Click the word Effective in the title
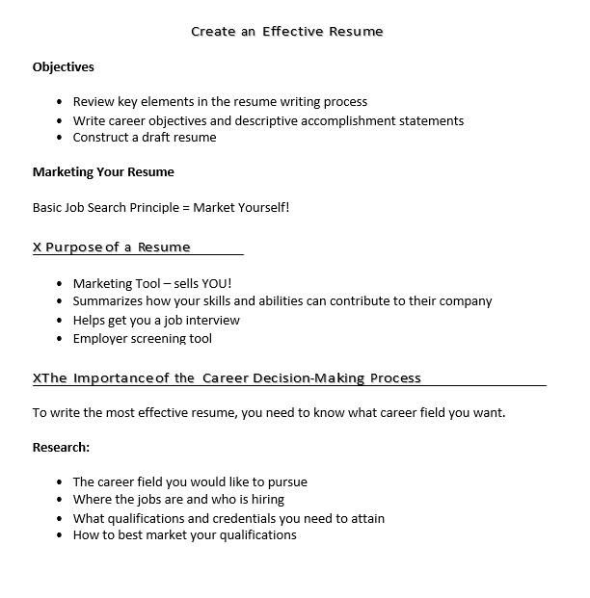point(294,31)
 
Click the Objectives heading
point(64,66)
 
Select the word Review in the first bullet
point(94,101)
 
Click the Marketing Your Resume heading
point(103,172)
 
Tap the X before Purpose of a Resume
point(38,247)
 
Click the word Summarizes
point(109,301)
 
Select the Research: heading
point(61,448)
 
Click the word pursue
point(285,481)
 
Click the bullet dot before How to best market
point(61,535)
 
